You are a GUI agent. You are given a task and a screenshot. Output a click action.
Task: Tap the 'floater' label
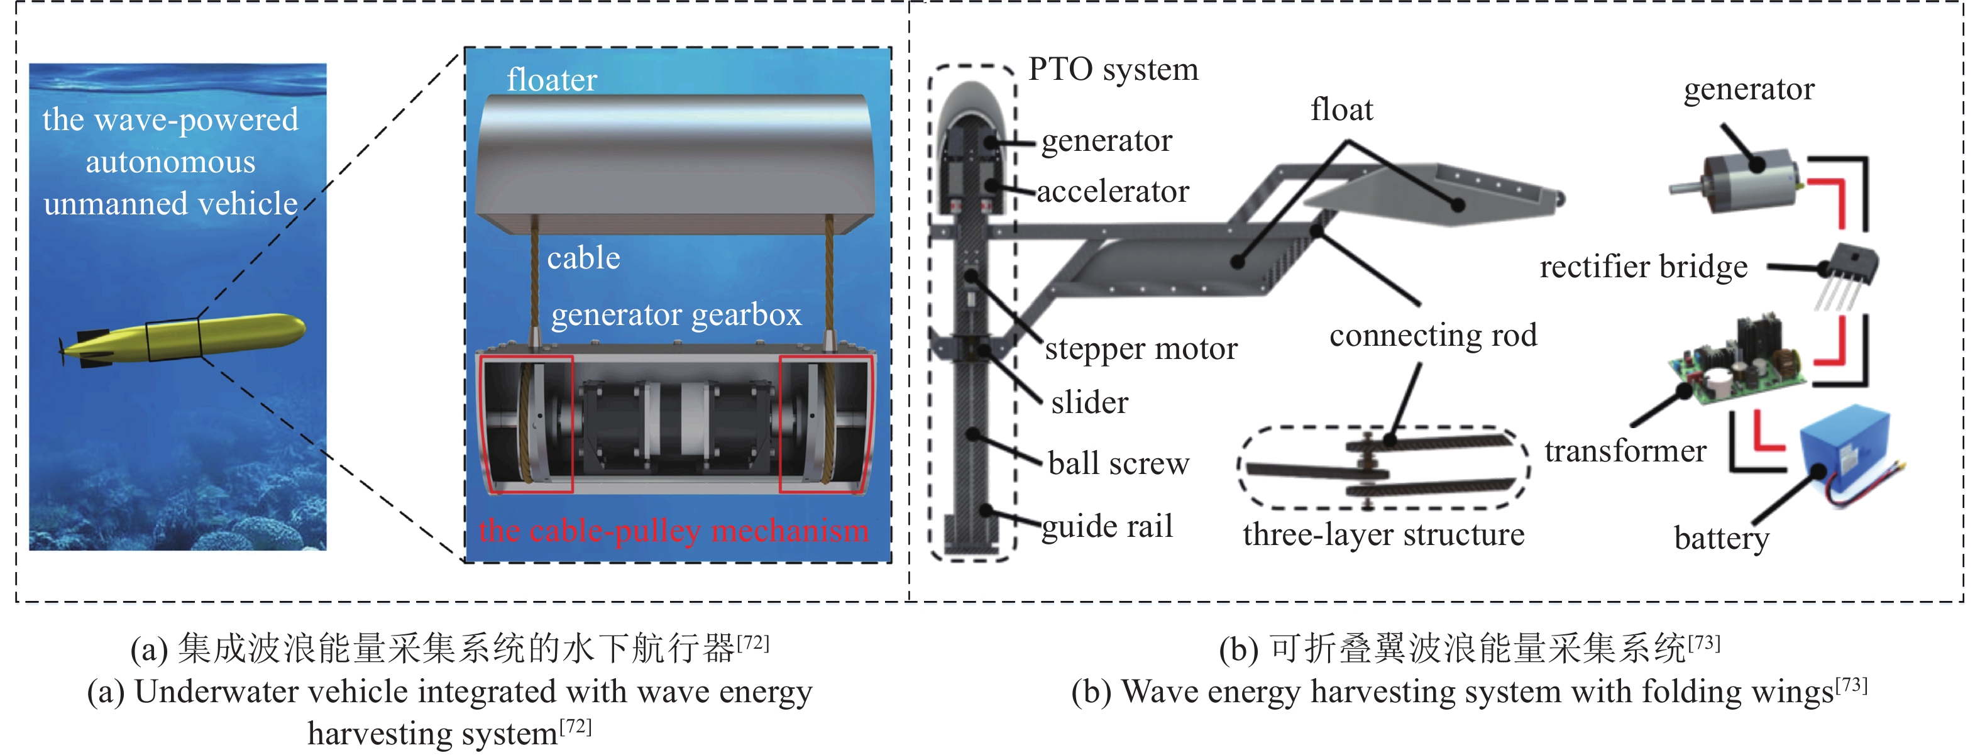click(552, 80)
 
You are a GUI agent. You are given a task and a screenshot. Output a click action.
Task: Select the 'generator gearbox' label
click(676, 314)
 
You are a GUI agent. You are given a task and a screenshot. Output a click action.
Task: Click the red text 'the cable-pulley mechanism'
click(673, 531)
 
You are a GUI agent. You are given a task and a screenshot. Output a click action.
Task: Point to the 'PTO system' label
click(1114, 69)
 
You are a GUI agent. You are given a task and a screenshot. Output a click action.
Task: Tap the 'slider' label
click(1090, 402)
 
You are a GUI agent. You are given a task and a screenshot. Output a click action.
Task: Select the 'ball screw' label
click(1119, 463)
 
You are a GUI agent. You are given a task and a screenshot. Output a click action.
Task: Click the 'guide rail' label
click(1108, 527)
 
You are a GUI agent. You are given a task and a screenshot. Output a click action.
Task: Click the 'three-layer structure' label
click(1383, 534)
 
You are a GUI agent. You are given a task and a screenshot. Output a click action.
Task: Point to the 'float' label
click(1342, 110)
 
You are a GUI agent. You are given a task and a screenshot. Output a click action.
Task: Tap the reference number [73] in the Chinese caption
click(1704, 641)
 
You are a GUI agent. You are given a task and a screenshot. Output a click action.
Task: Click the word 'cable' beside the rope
click(583, 258)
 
